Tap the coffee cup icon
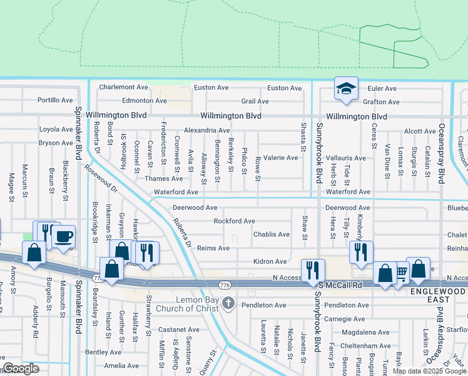(63, 237)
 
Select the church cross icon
(228, 303)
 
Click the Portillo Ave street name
(55, 100)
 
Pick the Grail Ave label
(255, 101)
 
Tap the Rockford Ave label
(234, 221)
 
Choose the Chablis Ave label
(271, 234)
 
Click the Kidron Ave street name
(270, 261)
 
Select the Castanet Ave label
(178, 329)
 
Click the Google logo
(21, 368)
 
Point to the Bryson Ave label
(55, 143)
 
